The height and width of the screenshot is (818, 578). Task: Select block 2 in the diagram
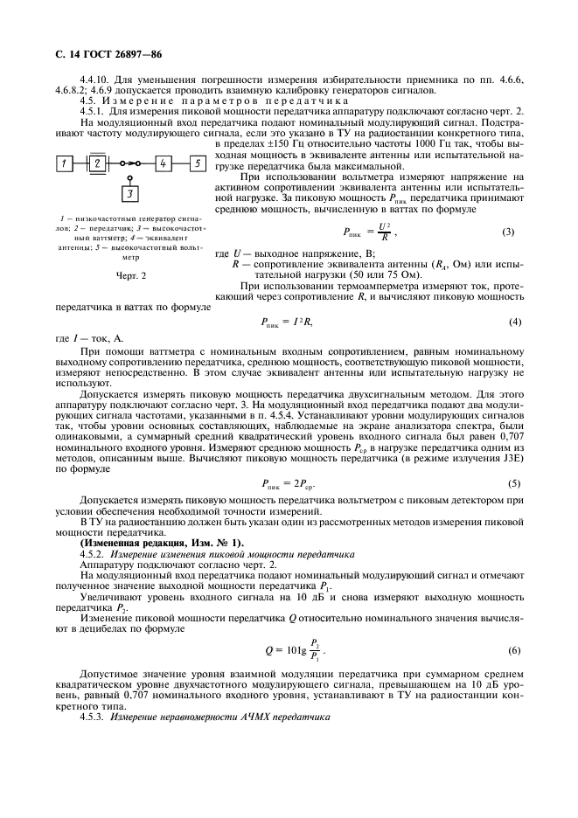coord(98,163)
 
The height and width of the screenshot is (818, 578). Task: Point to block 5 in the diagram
coord(198,163)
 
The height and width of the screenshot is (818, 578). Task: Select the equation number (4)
coord(515,322)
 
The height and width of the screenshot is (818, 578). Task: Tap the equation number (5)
coord(515,483)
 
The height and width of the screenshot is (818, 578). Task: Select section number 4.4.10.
coord(94,80)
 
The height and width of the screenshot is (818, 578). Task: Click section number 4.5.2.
coord(92,554)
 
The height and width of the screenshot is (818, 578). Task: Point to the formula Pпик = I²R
coord(287,322)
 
